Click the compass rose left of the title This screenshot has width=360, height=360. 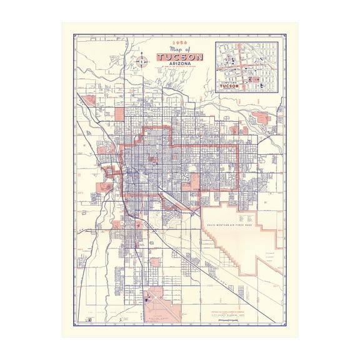tap(142, 61)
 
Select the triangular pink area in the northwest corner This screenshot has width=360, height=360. tap(89, 99)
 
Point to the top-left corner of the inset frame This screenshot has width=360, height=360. tap(216, 41)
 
